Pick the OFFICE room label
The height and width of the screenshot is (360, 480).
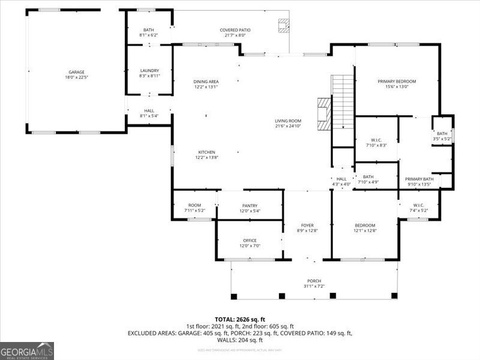click(x=250, y=243)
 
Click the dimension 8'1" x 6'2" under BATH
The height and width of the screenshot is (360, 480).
click(x=149, y=35)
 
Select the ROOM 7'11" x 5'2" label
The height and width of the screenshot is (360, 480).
click(x=194, y=208)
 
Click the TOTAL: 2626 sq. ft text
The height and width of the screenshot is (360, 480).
click(x=240, y=319)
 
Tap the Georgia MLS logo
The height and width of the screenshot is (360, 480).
click(x=27, y=350)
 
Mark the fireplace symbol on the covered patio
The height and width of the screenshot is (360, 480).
click(x=283, y=25)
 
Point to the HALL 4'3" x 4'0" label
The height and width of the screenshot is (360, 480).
click(x=341, y=181)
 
